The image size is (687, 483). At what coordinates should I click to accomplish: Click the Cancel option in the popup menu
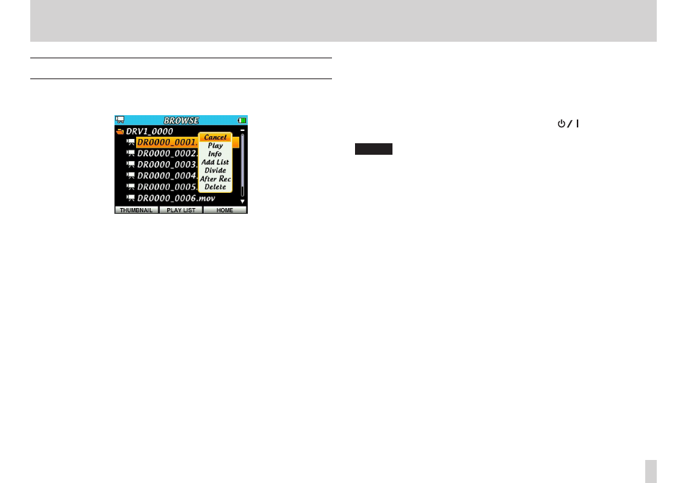click(215, 137)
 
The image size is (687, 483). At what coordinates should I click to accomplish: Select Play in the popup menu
click(215, 145)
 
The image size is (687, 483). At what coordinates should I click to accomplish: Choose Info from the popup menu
click(215, 154)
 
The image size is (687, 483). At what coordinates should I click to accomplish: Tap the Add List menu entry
click(215, 162)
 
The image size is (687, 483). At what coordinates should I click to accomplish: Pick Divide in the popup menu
click(215, 171)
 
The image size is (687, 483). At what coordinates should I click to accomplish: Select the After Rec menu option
click(215, 179)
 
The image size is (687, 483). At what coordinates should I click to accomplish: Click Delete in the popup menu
click(215, 187)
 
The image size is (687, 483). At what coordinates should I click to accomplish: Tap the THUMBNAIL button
click(136, 210)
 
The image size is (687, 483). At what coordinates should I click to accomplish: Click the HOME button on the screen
click(225, 210)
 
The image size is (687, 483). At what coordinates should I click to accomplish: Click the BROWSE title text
click(181, 120)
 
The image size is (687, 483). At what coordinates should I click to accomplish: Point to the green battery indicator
click(241, 120)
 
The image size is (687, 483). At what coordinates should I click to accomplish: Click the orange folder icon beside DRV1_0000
click(120, 132)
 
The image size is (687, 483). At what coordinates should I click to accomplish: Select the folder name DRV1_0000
click(149, 132)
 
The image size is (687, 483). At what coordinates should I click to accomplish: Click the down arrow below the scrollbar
click(242, 201)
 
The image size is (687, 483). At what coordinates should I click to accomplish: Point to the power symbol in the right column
click(561, 125)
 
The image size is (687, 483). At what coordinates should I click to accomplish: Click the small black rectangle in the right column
click(373, 149)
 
